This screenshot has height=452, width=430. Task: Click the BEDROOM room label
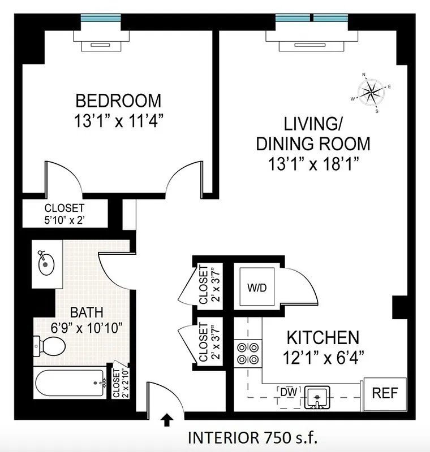118,101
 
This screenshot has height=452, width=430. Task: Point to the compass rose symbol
371,90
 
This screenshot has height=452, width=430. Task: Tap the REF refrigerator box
385,393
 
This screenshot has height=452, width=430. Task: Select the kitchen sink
317,397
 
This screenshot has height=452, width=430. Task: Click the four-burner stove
248,353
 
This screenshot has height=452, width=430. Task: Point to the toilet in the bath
50,345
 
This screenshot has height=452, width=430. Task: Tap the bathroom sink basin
44,263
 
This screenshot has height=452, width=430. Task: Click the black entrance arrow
167,419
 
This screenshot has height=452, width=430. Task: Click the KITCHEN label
323,338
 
